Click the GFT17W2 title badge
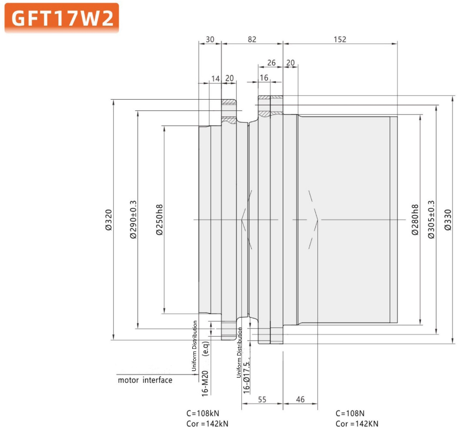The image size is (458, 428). coord(62,18)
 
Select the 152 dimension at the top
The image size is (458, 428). coord(340,39)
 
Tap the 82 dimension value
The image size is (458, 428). coord(252,39)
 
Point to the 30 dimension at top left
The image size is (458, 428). coord(210,39)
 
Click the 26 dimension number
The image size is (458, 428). coord(271,63)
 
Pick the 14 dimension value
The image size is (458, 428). coord(215,79)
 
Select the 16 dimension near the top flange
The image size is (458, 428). coord(264,78)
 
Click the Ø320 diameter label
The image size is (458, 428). coord(109,220)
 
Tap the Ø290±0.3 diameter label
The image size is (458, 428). coord(133,219)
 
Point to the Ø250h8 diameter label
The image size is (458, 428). coord(160,220)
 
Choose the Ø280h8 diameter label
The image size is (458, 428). coord(415,220)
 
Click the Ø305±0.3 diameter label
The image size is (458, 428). coord(431,219)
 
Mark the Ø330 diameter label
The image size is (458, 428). coord(448,220)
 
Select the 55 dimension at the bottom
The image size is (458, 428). coord(262,399)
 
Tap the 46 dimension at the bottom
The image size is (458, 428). coord(300,399)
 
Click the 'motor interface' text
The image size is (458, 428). coord(145,380)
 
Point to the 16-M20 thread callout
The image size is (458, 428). coord(205,384)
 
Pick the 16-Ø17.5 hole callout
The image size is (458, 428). coord(246,378)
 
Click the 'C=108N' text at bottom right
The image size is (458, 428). coord(350,413)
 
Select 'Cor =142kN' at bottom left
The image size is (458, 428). coord(207,424)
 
